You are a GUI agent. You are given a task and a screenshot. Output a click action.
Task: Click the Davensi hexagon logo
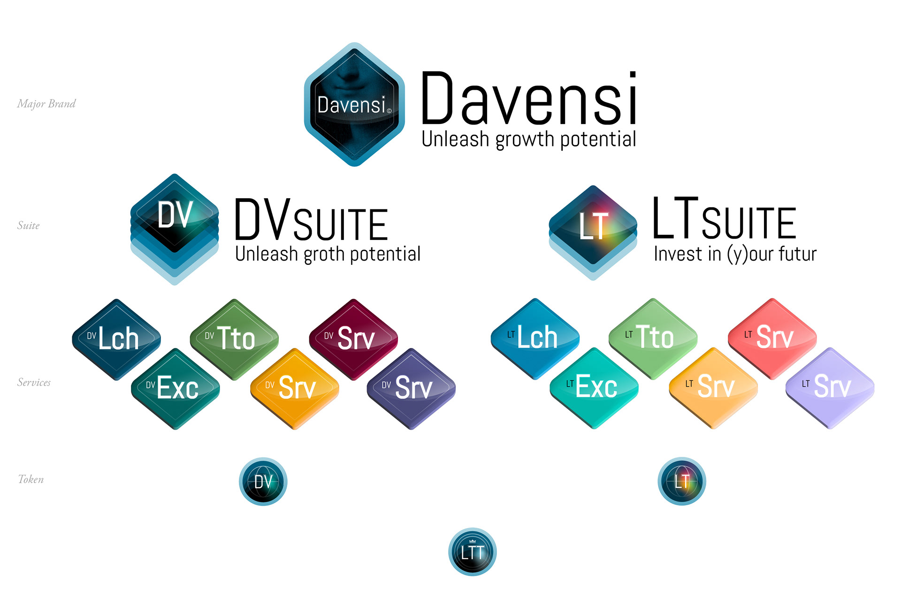[x=354, y=104]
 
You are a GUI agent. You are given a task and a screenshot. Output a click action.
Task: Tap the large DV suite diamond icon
[x=175, y=221]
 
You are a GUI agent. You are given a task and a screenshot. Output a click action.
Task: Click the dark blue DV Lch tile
[x=116, y=339]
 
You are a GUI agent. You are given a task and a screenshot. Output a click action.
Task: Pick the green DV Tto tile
[x=234, y=338]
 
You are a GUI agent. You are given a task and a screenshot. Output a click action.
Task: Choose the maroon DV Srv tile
[x=353, y=338]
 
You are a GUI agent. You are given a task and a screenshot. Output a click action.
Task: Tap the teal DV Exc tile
[x=176, y=388]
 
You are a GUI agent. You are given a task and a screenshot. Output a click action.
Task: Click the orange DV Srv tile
[x=295, y=388]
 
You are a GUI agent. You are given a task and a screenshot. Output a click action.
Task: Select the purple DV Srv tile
[x=411, y=388]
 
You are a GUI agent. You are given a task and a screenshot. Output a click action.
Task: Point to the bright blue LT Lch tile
[x=535, y=338]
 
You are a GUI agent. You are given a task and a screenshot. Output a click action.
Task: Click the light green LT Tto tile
[x=653, y=338]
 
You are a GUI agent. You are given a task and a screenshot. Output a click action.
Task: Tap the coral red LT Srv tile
[x=772, y=338]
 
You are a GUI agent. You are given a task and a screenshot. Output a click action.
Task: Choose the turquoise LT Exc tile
[x=594, y=387]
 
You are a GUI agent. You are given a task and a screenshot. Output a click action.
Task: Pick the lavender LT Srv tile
[x=830, y=387]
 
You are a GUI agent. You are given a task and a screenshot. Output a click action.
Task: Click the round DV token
[x=263, y=481]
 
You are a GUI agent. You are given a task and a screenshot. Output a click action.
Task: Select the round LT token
[x=681, y=481]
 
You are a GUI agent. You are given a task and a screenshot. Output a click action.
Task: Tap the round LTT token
[x=472, y=552]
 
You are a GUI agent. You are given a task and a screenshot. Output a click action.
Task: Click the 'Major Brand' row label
[x=46, y=104]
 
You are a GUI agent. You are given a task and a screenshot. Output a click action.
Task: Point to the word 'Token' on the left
[x=31, y=479]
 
